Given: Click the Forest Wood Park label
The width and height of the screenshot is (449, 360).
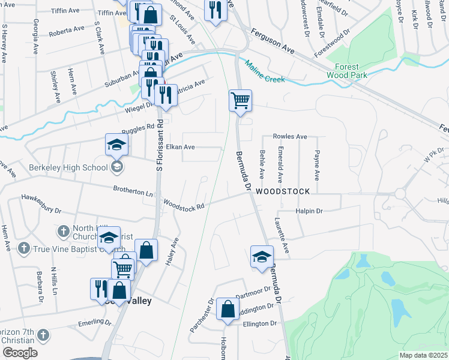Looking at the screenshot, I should point(343,71).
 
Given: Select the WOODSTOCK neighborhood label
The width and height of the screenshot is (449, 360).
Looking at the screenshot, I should point(282,191).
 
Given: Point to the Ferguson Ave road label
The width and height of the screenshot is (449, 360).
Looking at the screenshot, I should point(272,42).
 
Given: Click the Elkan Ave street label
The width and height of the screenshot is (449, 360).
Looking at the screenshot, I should point(181,147).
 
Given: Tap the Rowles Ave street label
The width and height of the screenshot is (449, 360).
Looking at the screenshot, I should point(290,136).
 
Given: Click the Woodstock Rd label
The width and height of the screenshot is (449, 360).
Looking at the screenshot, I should point(184,205).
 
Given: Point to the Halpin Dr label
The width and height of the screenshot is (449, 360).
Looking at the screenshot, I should point(309,211).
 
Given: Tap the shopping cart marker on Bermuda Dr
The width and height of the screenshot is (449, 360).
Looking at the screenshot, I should point(240,100).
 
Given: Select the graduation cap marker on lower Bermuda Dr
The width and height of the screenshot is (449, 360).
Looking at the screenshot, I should point(262,256).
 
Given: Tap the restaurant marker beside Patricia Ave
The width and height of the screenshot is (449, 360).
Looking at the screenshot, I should point(165,95).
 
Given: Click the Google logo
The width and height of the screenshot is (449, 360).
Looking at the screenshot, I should point(19,353).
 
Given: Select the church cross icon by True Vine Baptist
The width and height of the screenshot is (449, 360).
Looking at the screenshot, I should point(23,248).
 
